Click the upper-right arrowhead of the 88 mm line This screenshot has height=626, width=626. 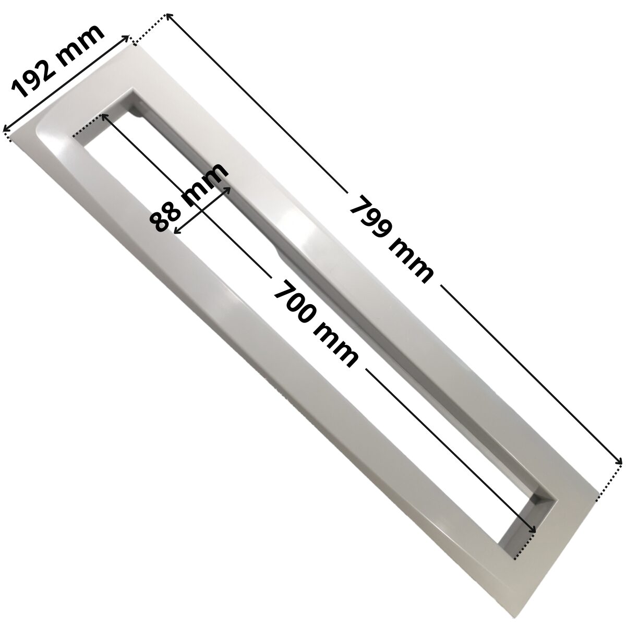228,185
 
